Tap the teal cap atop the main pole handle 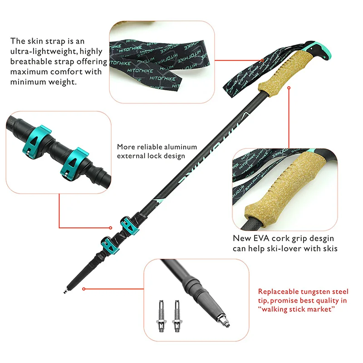[x=319, y=49]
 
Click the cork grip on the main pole [x=278, y=73]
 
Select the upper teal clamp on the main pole [x=129, y=225]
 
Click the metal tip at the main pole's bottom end [x=65, y=290]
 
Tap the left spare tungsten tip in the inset [x=161, y=316]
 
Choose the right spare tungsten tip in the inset [x=177, y=316]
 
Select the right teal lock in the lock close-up [x=74, y=164]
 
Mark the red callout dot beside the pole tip [x=84, y=289]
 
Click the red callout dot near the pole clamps [x=110, y=228]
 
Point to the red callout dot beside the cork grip [x=289, y=88]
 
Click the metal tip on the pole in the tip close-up [x=223, y=320]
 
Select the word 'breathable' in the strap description [x=31, y=62]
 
